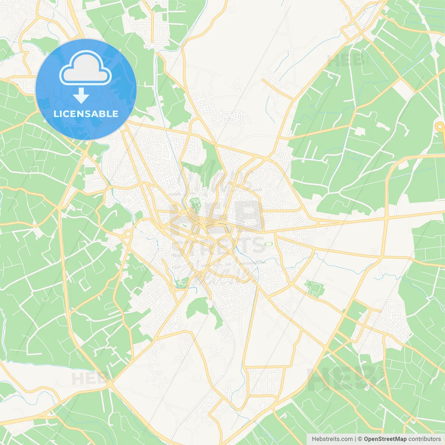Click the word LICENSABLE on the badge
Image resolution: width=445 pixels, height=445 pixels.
86,114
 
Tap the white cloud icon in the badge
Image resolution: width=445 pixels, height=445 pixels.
86,68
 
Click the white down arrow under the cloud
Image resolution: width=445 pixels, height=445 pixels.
81,96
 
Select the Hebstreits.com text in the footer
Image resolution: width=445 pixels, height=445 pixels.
332,439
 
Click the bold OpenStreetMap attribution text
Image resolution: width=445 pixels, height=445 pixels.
385,439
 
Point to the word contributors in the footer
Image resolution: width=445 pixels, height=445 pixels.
424,439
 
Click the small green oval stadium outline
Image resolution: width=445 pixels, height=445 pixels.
268,244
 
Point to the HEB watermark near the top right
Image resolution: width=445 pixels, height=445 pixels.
346,60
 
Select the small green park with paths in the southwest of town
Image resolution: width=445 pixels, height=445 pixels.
181,283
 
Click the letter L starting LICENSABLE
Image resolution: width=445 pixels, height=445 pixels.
56,114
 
